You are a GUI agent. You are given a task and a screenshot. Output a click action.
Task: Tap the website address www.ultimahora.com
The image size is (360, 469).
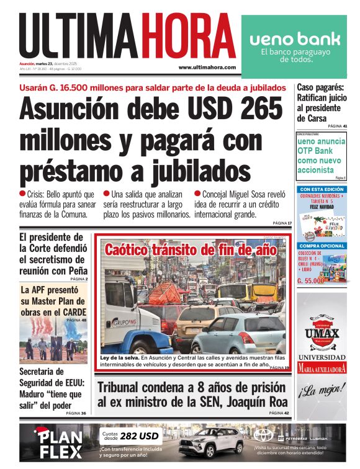pos(207,67)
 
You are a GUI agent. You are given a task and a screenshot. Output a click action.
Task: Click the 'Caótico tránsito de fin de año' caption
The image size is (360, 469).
pos(190,251)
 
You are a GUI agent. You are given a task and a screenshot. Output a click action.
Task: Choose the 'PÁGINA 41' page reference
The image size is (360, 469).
pos(336,126)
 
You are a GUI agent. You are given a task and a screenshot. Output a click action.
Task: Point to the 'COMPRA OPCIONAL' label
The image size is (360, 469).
pos(321,246)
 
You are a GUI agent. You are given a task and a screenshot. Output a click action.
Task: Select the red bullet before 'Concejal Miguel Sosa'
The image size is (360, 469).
pos(197,194)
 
